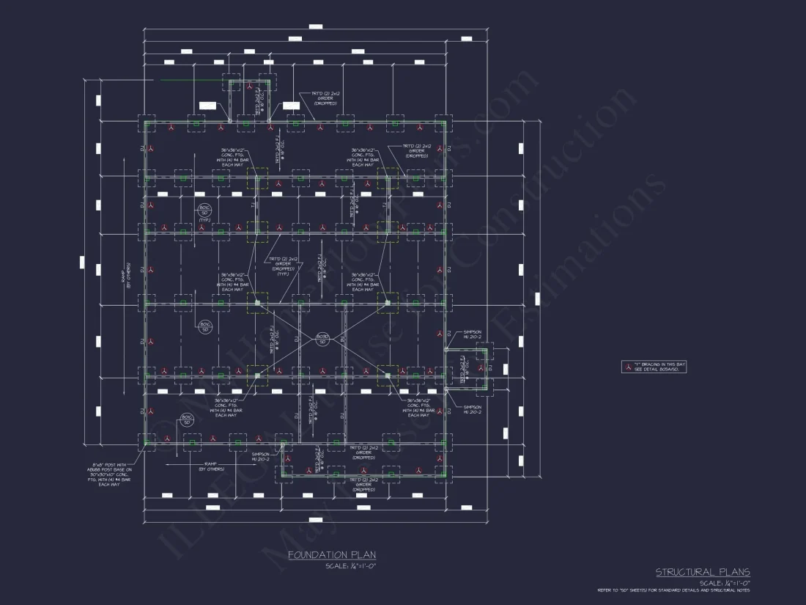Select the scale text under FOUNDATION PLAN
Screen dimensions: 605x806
(350, 566)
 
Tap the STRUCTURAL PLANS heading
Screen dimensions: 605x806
(702, 572)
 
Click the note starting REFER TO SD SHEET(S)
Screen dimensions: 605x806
(673, 590)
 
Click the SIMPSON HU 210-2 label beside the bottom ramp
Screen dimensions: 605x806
(261, 457)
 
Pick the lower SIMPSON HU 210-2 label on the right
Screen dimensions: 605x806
(472, 409)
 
